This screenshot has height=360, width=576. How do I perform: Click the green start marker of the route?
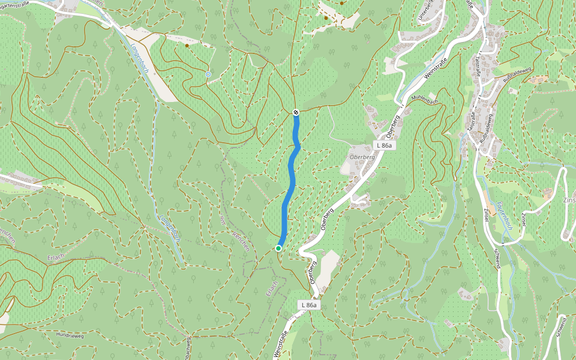(x=278, y=248)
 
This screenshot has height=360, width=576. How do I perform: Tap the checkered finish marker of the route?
(x=296, y=112)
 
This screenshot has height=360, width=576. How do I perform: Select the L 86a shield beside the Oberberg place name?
(x=384, y=146)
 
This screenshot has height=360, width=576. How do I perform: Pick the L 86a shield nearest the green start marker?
(x=308, y=305)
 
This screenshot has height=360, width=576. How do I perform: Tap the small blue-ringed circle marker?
(x=208, y=74)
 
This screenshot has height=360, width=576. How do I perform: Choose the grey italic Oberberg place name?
(x=362, y=157)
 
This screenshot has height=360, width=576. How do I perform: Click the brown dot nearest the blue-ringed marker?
(x=187, y=46)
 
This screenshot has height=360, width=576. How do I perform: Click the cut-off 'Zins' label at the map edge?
(x=568, y=200)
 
